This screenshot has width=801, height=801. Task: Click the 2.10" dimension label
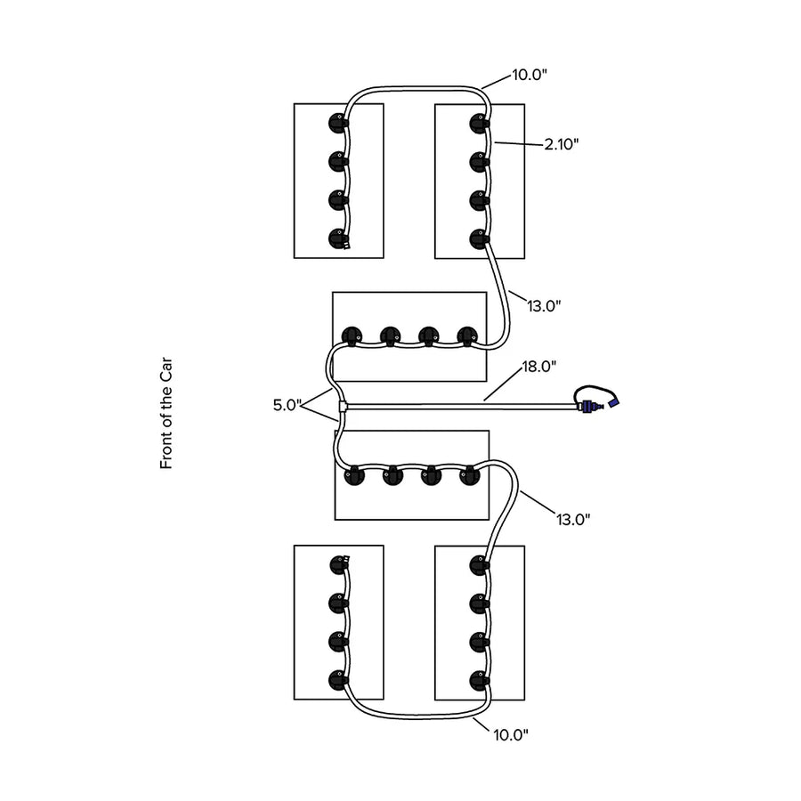click(x=561, y=144)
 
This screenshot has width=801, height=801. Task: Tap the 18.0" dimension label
click(x=539, y=367)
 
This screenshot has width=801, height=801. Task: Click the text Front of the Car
click(x=166, y=413)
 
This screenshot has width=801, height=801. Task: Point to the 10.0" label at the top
click(x=530, y=75)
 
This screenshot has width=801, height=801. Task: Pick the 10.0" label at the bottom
click(x=511, y=735)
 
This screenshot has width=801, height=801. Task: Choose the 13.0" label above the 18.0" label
click(x=544, y=306)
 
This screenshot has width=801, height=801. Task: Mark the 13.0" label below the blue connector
click(x=573, y=520)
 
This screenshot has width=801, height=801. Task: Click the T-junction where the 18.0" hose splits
click(x=343, y=407)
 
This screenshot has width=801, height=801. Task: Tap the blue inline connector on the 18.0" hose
click(x=588, y=407)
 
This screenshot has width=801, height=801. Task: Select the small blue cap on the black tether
click(x=613, y=402)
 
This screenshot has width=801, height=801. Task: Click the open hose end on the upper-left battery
click(x=347, y=246)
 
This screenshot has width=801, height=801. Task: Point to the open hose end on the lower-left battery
click(x=347, y=560)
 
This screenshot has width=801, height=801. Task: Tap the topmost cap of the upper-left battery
click(x=338, y=123)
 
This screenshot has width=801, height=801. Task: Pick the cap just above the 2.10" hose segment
click(x=479, y=124)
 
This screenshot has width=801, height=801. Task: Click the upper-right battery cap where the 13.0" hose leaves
click(x=479, y=239)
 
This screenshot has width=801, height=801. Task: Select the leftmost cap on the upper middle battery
click(x=352, y=336)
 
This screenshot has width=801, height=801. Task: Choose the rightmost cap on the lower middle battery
click(x=469, y=475)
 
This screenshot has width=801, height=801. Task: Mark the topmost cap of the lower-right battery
click(x=479, y=565)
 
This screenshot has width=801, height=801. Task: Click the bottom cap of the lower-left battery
click(x=338, y=681)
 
